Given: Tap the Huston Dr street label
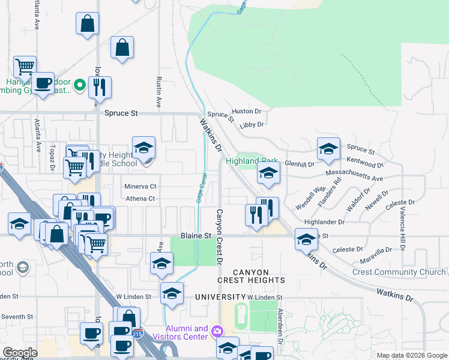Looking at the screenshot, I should point(246,112).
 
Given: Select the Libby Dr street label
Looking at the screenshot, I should point(252,125).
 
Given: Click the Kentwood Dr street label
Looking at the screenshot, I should point(365,163).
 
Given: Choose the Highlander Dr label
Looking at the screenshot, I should point(324,222).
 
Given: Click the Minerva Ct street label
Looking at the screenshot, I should point(140,187).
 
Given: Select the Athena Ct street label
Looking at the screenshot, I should point(140,199).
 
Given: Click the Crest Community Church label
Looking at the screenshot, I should point(399,272).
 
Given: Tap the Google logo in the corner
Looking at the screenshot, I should point(20,353).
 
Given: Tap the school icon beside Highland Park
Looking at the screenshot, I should point(268,173).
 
